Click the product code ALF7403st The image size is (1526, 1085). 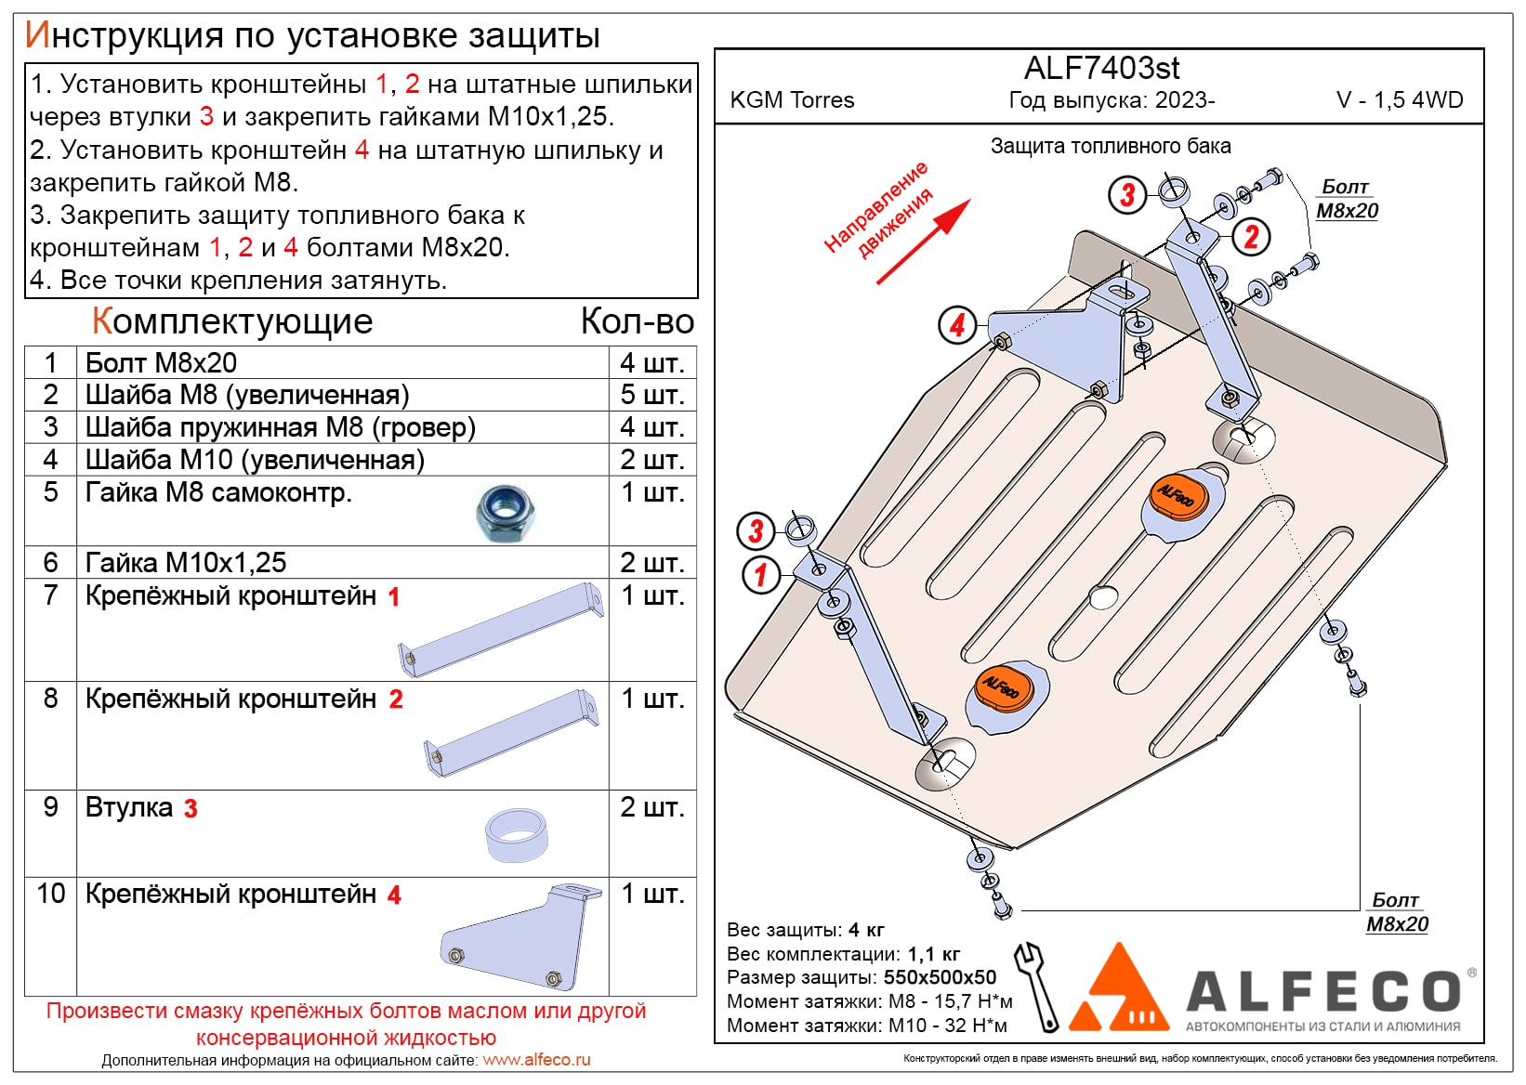(1101, 68)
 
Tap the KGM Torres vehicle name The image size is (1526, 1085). (792, 100)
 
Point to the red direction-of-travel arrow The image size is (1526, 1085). (923, 242)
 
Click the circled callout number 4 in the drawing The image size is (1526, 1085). (957, 325)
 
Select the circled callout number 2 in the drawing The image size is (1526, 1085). (1251, 237)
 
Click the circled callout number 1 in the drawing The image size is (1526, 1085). (760, 574)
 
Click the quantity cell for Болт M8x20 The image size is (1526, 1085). (651, 362)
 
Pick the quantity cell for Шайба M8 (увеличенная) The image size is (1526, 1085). (651, 395)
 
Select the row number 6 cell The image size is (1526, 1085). (50, 562)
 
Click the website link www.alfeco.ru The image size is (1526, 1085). (536, 1060)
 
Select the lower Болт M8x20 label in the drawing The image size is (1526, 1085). (1396, 912)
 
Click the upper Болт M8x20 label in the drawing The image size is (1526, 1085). (1347, 199)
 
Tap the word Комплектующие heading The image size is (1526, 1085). (231, 321)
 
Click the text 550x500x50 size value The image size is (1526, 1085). (940, 977)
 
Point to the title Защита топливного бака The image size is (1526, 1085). (1110, 146)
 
